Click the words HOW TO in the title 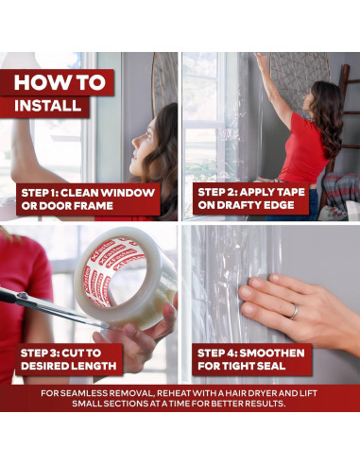[60, 82]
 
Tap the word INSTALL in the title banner [48, 106]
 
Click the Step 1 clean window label [88, 199]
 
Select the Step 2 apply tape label [251, 198]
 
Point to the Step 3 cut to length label [69, 359]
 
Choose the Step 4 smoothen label [251, 359]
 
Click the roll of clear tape [126, 277]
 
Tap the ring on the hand [295, 312]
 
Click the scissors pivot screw [22, 296]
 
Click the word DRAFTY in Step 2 [246, 205]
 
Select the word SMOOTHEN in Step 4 [272, 353]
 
